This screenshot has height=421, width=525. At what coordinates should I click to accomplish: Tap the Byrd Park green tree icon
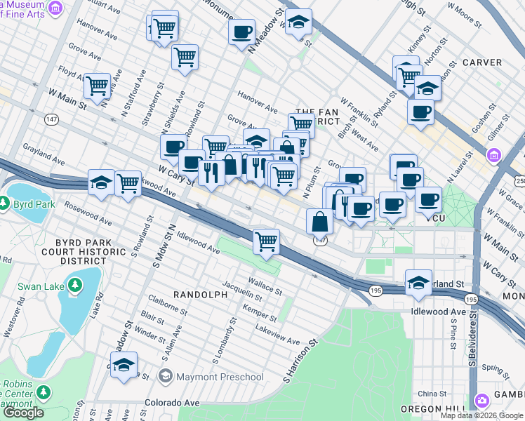point(6,204)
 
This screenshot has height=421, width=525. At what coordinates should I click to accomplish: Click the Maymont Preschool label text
point(219,377)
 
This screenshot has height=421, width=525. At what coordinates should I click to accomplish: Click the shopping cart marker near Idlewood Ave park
point(267,242)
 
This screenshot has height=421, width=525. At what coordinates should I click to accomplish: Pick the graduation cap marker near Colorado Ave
point(124,366)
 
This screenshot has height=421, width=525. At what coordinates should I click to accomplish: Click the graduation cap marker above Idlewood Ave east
point(419,282)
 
